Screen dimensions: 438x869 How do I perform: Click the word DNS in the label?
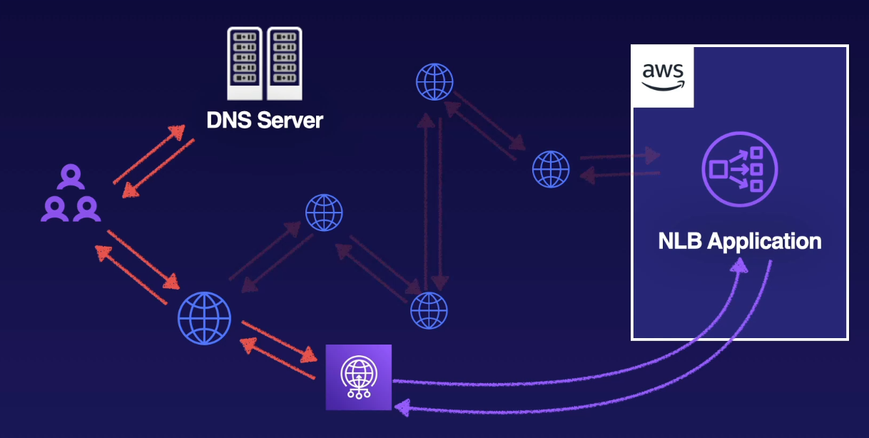(228, 119)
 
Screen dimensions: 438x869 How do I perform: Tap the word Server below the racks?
(290, 119)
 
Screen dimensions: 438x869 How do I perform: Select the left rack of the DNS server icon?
(245, 63)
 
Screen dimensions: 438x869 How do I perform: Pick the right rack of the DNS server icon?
(284, 63)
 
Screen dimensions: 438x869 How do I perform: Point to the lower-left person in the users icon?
(54, 208)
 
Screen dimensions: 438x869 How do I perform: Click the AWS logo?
(663, 76)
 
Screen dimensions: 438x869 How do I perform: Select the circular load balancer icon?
(739, 169)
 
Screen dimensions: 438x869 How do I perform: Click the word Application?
(765, 241)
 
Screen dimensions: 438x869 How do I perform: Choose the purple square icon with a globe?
(359, 377)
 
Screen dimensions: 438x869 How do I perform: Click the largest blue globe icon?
(205, 318)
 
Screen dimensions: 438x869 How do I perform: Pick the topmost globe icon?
(434, 82)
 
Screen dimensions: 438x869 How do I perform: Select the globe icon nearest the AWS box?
(551, 169)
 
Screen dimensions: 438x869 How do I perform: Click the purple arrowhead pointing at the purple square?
(401, 407)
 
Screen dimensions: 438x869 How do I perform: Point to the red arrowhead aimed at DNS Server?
(178, 131)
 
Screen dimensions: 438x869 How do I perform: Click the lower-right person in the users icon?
(87, 208)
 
